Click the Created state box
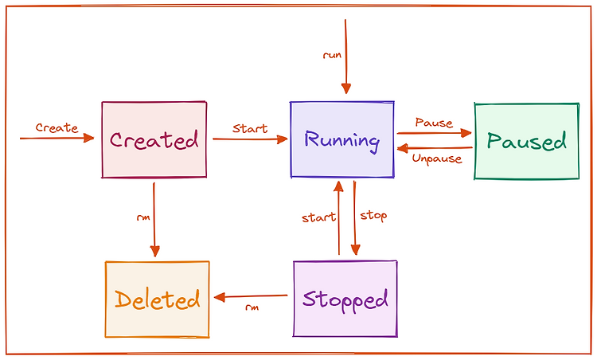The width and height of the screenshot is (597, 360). tap(154, 139)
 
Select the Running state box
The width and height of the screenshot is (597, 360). tap(342, 139)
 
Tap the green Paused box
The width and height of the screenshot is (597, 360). tap(527, 141)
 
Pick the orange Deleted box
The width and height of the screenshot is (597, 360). tap(158, 299)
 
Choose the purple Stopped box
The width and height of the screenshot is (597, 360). tap(345, 299)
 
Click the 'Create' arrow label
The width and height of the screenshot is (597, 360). tap(57, 127)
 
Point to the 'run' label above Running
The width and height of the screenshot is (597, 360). tap(332, 55)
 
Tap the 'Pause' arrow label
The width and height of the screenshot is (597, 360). tap(434, 123)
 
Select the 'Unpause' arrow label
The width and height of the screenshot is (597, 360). tap(437, 158)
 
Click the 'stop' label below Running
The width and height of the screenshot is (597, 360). tap(373, 216)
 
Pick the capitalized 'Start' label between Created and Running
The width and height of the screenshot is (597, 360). tap(250, 128)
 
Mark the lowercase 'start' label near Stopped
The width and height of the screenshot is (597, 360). tap(318, 217)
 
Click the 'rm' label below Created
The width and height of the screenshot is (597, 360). tap(143, 218)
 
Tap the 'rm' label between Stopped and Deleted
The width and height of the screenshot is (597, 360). tap(252, 307)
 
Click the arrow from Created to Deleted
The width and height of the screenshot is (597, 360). tap(154, 220)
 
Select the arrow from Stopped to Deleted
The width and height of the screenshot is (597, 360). tap(251, 297)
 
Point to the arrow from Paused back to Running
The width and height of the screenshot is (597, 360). tap(435, 148)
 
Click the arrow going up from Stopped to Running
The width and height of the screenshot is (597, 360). tap(338, 218)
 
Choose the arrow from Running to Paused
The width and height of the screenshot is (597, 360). tap(435, 133)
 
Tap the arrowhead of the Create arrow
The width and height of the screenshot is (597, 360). tap(89, 138)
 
